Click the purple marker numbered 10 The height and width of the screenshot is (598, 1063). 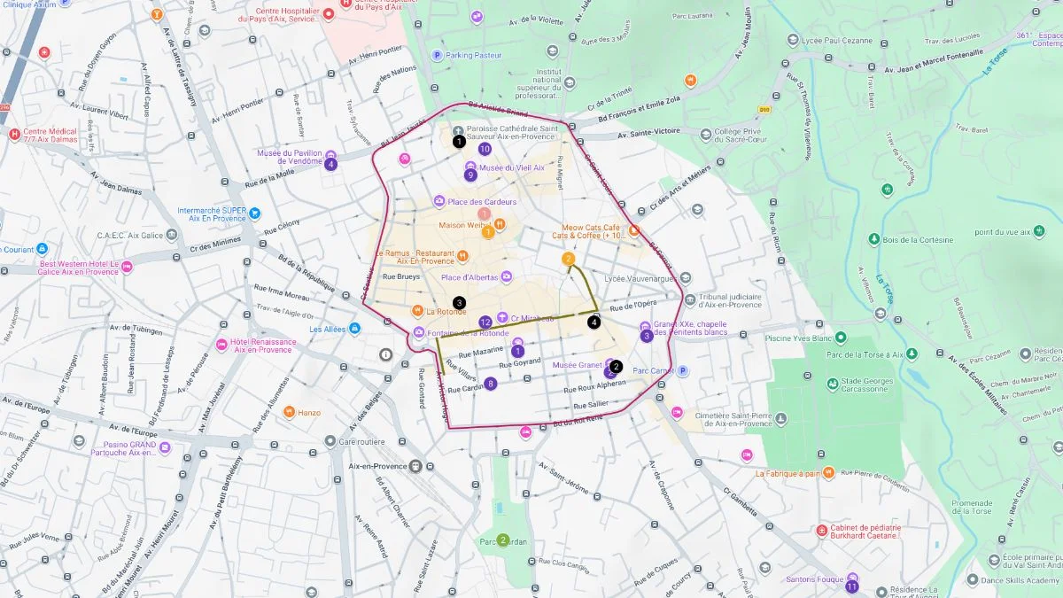[x=485, y=149]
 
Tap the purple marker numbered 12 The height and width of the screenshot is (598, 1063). [x=485, y=322]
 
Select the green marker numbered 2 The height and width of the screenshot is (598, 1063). [x=502, y=540]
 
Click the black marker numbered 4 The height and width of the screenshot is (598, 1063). [x=594, y=322]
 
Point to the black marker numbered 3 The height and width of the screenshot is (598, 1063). [x=459, y=303]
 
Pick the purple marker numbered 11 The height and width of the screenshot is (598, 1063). [x=852, y=586]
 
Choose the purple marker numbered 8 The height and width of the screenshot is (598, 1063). [x=491, y=384]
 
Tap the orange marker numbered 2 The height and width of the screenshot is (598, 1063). [x=569, y=259]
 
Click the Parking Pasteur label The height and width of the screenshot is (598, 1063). [x=473, y=55]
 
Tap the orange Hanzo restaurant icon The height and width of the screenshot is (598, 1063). [x=289, y=412]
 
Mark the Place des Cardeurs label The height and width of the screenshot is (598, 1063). [x=482, y=202]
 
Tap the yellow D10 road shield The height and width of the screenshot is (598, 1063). [x=764, y=109]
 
